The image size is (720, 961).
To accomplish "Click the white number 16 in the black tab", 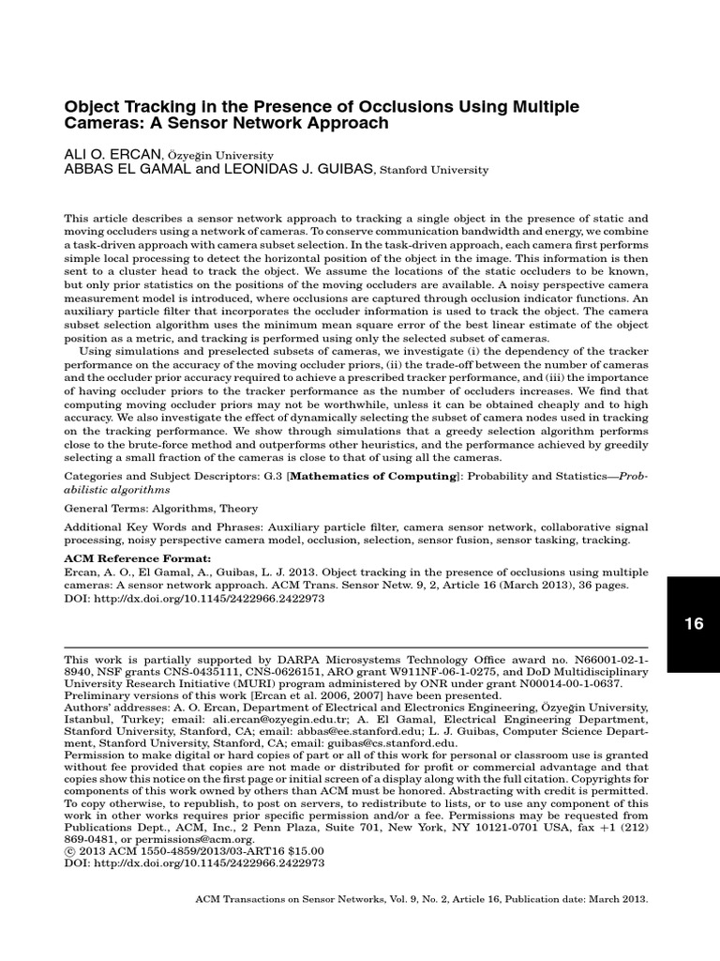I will coord(694,623).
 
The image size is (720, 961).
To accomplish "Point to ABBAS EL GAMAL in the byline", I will coord(117,170).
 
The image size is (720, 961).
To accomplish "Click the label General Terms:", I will coord(104,508).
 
